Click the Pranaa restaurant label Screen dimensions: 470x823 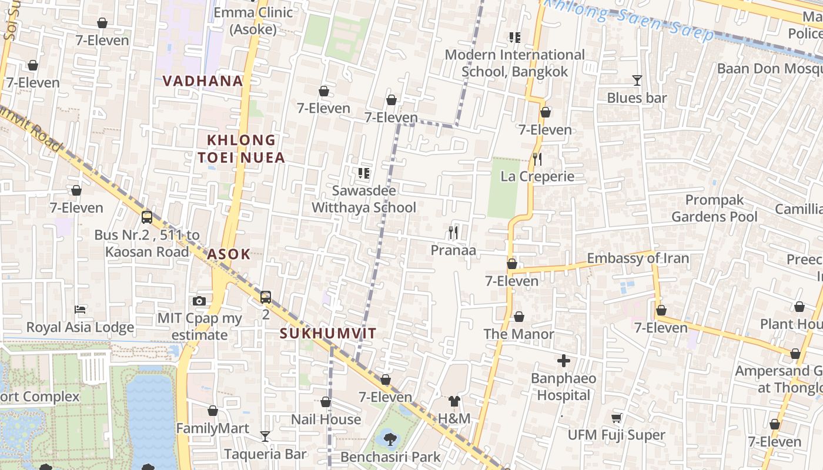(453, 250)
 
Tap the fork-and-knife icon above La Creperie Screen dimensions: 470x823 (537, 159)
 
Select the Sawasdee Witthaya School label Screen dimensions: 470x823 (364, 199)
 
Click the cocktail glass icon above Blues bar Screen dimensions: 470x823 (637, 80)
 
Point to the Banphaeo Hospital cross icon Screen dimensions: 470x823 (564, 361)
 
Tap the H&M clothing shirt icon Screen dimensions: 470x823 (454, 401)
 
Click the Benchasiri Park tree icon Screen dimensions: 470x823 (390, 437)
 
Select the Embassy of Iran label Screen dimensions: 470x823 (638, 258)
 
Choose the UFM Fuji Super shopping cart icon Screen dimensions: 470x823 (616, 418)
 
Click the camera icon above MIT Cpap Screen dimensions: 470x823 (199, 301)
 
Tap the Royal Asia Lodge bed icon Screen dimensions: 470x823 (80, 310)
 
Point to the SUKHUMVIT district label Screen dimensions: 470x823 (327, 334)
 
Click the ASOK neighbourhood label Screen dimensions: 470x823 (229, 254)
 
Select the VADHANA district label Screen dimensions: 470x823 (203, 81)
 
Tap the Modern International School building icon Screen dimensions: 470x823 (515, 38)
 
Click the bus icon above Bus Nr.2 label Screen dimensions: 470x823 (147, 217)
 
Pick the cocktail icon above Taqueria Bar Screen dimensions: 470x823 (265, 436)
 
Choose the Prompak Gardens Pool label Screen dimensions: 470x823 (715, 209)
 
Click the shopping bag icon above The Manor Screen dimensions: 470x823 (519, 317)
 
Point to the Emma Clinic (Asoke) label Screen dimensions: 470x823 (253, 21)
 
